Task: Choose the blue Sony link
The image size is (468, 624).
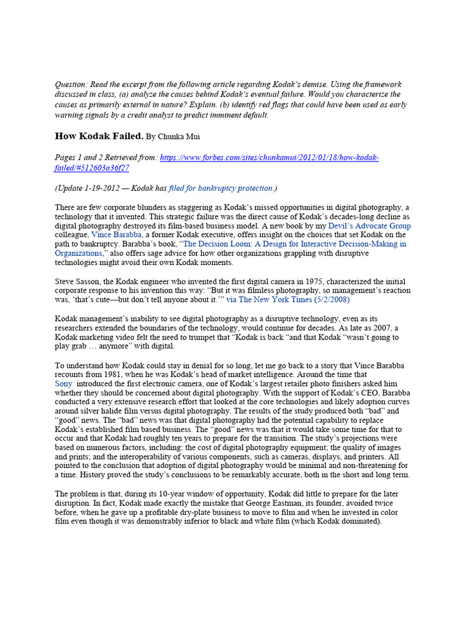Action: (x=63, y=384)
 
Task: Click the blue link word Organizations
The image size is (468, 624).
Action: (x=80, y=253)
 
